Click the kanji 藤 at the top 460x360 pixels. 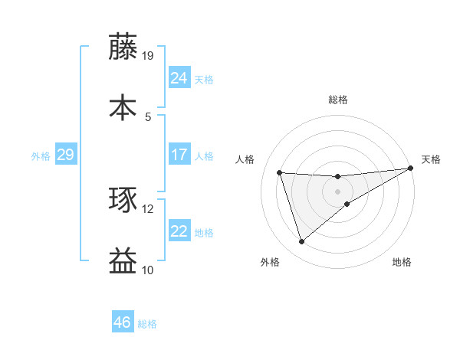point(123,47)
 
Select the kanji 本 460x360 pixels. point(123,106)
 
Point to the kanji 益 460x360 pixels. point(123,261)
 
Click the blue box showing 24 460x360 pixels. point(179,78)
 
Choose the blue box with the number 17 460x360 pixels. point(179,155)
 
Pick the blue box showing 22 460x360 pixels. point(179,231)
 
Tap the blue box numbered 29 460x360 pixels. point(65,155)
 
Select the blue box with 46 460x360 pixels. point(123,322)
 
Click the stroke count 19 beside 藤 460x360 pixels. point(148,56)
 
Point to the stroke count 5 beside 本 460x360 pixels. point(148,116)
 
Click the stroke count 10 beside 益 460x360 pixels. point(148,270)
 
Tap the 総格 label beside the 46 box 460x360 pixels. point(147,324)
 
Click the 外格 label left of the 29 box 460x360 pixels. point(41,156)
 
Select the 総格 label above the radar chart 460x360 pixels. point(338,100)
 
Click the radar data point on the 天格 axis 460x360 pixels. point(411,169)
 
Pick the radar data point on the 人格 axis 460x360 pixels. point(280,172)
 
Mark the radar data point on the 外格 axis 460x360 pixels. point(301,242)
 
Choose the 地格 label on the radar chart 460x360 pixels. point(402,263)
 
